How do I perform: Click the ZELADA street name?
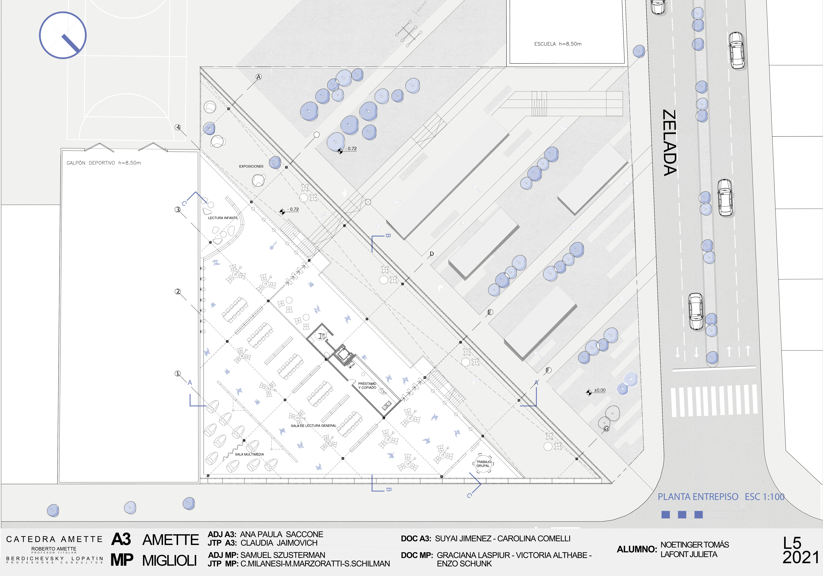click(x=670, y=143)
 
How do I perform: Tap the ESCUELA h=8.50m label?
click(x=558, y=44)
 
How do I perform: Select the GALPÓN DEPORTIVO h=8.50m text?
click(x=104, y=163)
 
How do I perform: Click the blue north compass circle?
click(x=63, y=35)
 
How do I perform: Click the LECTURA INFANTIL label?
click(x=223, y=218)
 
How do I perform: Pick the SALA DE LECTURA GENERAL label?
click(x=313, y=426)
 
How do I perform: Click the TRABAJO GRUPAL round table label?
click(x=483, y=464)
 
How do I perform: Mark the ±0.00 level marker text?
click(x=599, y=390)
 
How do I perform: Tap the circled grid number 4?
click(x=178, y=127)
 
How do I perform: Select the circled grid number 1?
click(x=177, y=374)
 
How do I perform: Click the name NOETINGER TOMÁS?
click(x=694, y=545)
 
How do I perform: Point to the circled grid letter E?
click(x=490, y=312)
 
